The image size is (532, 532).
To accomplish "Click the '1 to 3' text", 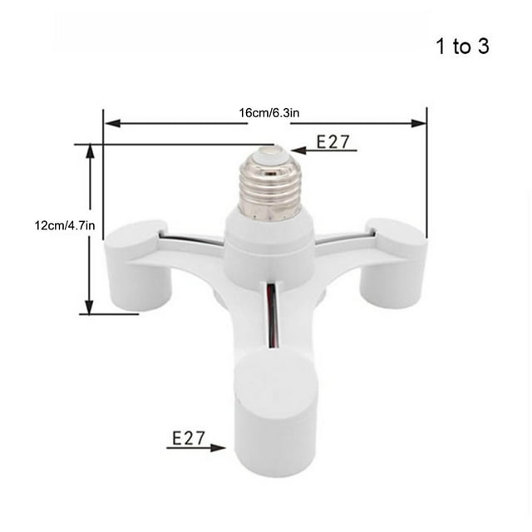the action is pyautogui.click(x=462, y=47).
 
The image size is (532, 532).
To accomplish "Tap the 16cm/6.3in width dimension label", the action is pyautogui.click(x=269, y=113).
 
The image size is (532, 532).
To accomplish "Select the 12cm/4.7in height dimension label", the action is pyautogui.click(x=65, y=225).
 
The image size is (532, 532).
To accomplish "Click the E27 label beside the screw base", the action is pyautogui.click(x=332, y=141).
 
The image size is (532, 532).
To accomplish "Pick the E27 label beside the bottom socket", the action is pyautogui.click(x=189, y=438).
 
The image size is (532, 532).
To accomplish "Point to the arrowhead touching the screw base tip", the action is pyautogui.click(x=298, y=150).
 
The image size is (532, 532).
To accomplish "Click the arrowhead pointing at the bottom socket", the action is pyautogui.click(x=218, y=448).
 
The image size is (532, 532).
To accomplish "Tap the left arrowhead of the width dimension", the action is pyautogui.click(x=113, y=123).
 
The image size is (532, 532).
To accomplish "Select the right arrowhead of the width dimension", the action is pyautogui.click(x=418, y=123).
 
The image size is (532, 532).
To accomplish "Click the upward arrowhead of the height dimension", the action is pyautogui.click(x=90, y=152).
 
